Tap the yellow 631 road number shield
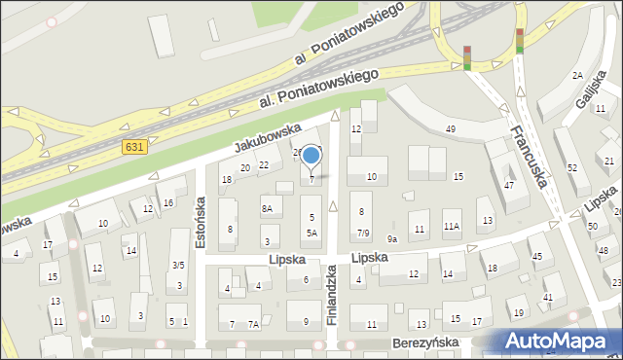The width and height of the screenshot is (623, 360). click(135, 146)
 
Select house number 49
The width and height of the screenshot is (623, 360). click(450, 129)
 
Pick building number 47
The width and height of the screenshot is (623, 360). click(509, 185)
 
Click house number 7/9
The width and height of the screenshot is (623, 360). click(362, 234)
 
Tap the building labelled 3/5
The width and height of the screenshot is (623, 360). click(178, 265)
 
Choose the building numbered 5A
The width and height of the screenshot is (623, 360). click(311, 234)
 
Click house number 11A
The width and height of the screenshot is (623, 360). click(452, 226)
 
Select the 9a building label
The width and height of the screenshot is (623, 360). click(392, 238)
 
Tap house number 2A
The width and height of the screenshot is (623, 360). click(577, 76)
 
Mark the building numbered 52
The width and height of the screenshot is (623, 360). click(572, 167)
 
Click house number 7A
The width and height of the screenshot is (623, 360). click(253, 324)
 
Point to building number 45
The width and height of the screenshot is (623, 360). click(536, 256)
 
